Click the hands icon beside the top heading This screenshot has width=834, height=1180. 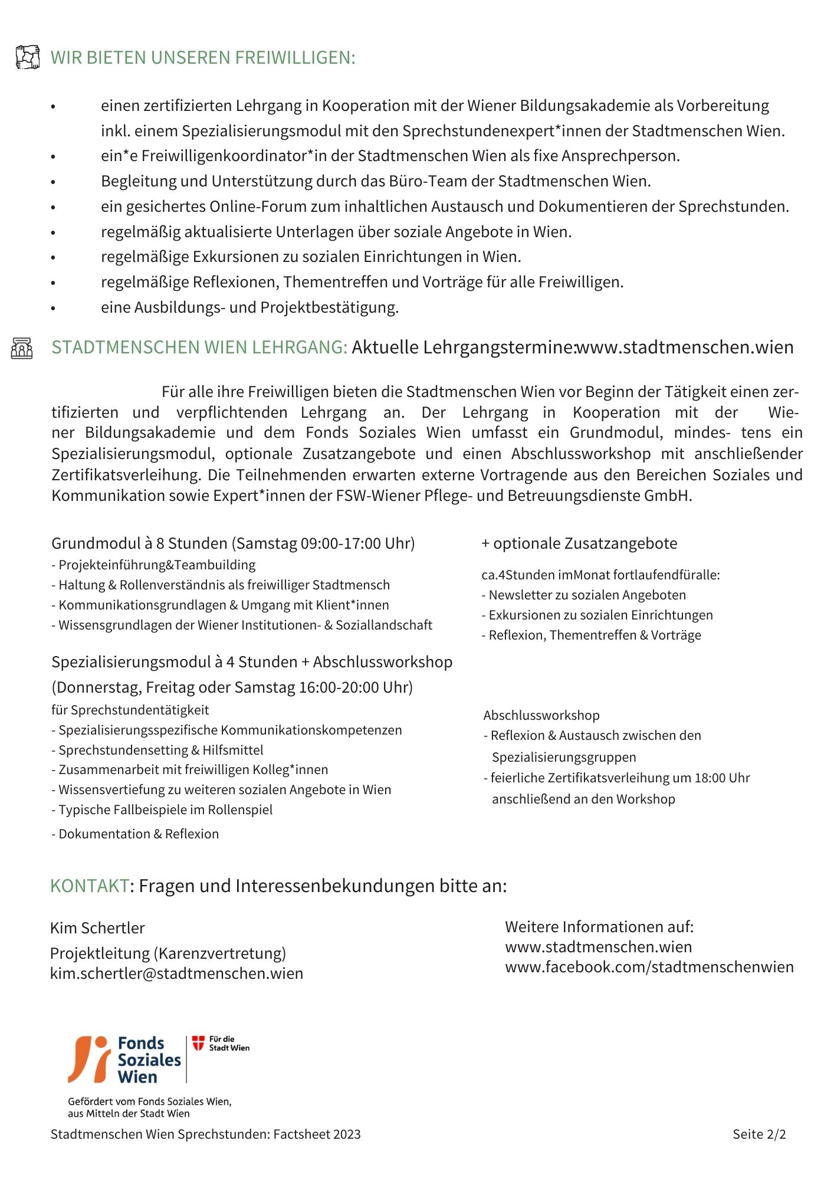[27, 57]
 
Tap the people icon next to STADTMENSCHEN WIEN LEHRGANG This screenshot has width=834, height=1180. [22, 348]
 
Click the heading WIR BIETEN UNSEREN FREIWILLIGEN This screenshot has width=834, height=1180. [203, 58]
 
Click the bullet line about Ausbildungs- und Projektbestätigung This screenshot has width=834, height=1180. [249, 307]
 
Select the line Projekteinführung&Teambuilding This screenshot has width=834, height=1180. [156, 565]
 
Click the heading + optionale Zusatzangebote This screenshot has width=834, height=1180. [579, 543]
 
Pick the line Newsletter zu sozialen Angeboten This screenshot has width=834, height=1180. [587, 595]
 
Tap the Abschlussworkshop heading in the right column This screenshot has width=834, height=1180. [541, 716]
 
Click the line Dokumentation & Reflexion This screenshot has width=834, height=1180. [138, 834]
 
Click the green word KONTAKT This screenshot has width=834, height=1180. [90, 886]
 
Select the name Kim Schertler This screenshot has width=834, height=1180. [97, 928]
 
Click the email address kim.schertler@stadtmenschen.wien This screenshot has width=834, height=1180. [176, 973]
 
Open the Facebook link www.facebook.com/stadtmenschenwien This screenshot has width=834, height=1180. [649, 967]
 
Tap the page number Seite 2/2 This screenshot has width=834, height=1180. [759, 1134]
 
